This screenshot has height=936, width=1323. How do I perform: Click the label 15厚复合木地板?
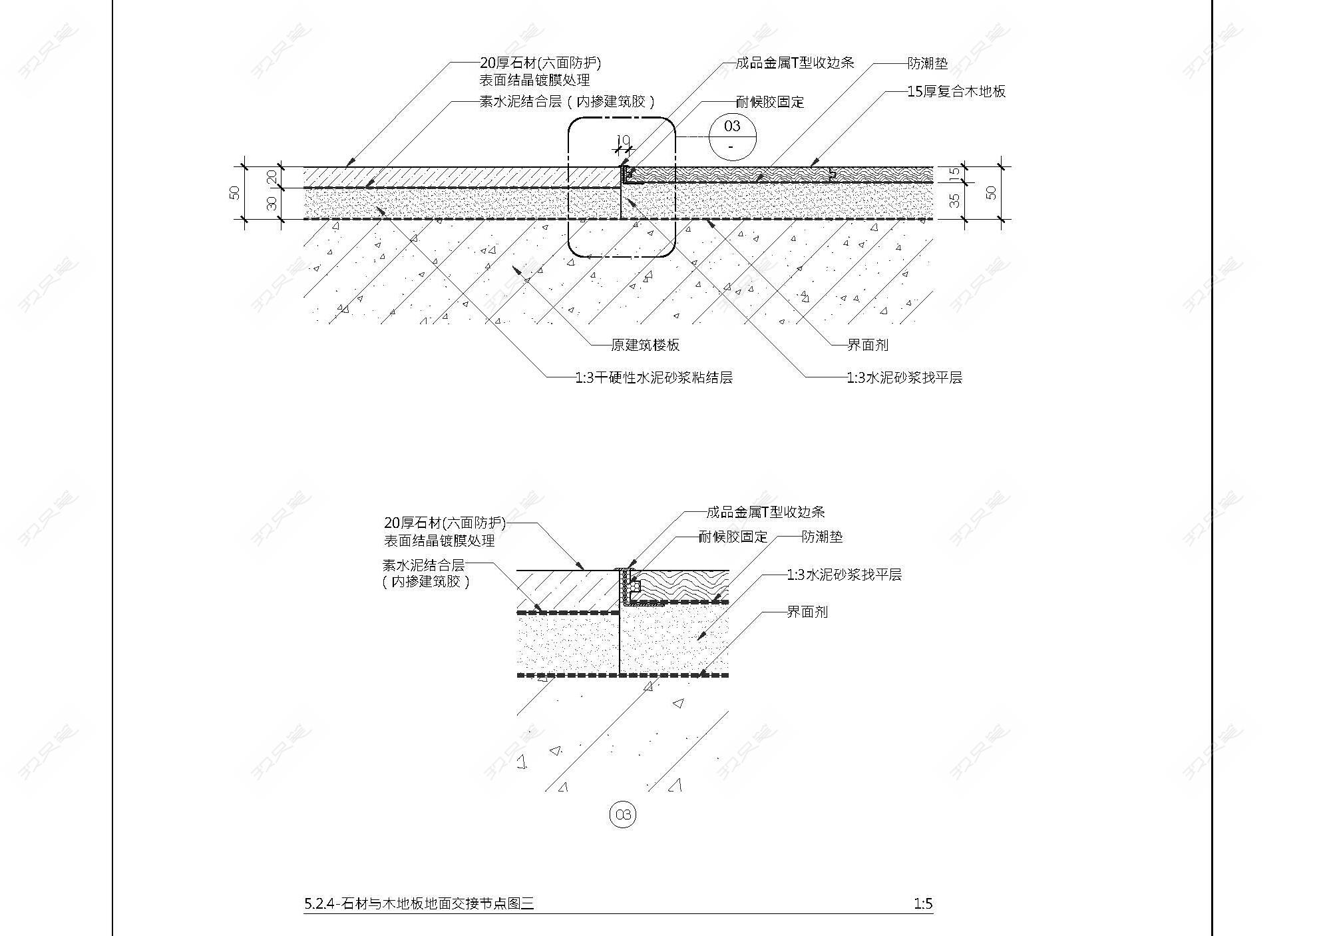pos(956,92)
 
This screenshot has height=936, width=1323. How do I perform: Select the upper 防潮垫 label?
pos(928,64)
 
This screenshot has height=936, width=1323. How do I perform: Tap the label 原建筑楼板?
pos(646,345)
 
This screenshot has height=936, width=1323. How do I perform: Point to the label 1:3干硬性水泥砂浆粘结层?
pos(654,377)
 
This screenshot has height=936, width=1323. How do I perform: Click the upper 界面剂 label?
pos(868,345)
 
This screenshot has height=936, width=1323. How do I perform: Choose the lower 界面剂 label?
pos(807,612)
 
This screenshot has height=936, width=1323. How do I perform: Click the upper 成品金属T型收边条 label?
pos(795,63)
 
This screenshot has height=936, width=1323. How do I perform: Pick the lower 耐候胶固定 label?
pos(733,537)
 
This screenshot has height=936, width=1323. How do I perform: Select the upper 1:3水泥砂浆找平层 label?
pos(904,377)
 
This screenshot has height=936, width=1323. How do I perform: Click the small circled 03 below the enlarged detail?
pos(623,815)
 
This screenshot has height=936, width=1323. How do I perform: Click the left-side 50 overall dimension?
pos(234,192)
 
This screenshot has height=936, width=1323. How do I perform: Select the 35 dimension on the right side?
pos(955,200)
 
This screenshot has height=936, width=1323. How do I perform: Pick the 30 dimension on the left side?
pos(272,203)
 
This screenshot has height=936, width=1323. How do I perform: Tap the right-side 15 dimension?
pos(955,174)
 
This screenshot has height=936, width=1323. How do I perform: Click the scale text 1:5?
pos(923,903)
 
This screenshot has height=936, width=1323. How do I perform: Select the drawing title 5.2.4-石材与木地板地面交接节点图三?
pos(419,903)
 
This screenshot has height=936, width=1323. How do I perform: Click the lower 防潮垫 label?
pos(822,537)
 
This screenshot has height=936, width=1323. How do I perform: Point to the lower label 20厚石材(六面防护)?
pos(445,523)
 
